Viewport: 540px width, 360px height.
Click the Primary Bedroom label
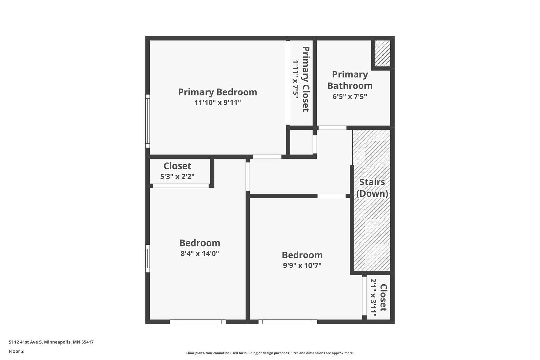[x=217, y=92]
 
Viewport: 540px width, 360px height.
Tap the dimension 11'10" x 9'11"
[x=217, y=103]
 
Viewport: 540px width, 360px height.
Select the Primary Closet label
[x=306, y=79]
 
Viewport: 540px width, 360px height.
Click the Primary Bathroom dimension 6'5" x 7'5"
[x=350, y=96]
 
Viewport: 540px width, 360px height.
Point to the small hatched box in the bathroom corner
[x=383, y=53]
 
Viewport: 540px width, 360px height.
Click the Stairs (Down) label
[x=372, y=187]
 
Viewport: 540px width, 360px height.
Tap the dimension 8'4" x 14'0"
[x=200, y=254]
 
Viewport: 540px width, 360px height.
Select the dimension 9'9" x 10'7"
[x=302, y=265]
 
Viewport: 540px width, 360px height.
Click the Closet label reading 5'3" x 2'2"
[x=177, y=166]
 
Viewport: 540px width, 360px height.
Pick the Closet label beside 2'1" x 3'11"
[x=383, y=297]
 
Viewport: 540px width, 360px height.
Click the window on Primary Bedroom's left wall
[x=147, y=121]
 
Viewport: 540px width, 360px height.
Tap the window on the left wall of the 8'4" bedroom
[x=147, y=258]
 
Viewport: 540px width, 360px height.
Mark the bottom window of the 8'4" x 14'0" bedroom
[x=198, y=322]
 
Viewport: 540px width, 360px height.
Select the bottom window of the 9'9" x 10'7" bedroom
[x=288, y=322]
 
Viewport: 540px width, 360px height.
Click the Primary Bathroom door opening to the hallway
[x=332, y=128]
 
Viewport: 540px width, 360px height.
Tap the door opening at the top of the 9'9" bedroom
[x=331, y=196]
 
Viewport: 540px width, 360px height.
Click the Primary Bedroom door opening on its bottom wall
[x=267, y=157]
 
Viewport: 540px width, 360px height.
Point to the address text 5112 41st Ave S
[x=51, y=342]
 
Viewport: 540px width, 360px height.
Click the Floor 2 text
[x=16, y=351]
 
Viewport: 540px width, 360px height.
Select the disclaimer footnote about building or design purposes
[x=270, y=353]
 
